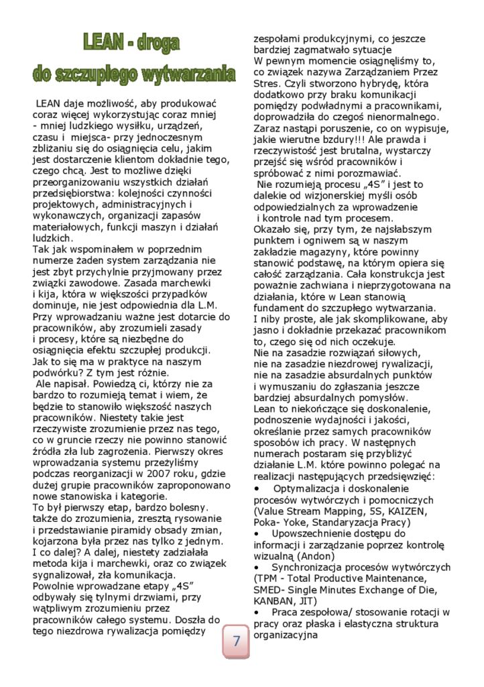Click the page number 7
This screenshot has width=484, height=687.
[236, 641]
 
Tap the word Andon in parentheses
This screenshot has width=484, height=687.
[323, 556]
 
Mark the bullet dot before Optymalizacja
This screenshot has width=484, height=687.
[258, 488]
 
